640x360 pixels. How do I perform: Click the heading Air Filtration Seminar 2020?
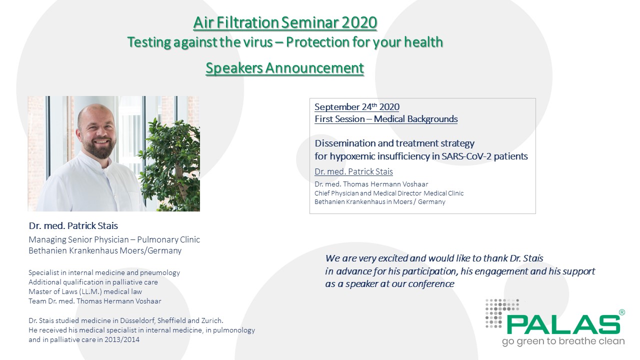(285, 22)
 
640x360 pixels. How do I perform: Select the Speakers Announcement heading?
(284, 68)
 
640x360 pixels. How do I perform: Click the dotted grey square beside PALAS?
(502, 313)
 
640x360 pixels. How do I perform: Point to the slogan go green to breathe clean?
(563, 341)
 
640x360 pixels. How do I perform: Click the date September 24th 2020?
(357, 107)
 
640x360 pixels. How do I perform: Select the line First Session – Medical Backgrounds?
(386, 119)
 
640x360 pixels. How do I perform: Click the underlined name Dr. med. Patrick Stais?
(353, 171)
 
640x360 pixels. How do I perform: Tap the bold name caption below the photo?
(73, 225)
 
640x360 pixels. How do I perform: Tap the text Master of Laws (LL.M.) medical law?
(85, 291)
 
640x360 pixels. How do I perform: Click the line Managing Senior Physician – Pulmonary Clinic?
(114, 239)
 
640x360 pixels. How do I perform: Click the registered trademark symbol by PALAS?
(622, 312)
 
